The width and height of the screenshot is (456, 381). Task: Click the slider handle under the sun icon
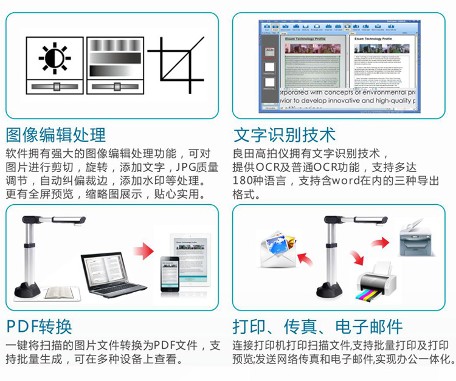tap(55, 85)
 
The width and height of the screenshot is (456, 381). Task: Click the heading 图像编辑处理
tap(55, 134)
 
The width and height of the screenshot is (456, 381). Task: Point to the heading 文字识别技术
tap(284, 134)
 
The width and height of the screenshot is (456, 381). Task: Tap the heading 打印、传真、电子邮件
tap(317, 327)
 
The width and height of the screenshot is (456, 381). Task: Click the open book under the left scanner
tap(58, 292)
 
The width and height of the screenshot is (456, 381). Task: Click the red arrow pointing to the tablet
tap(143, 250)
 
